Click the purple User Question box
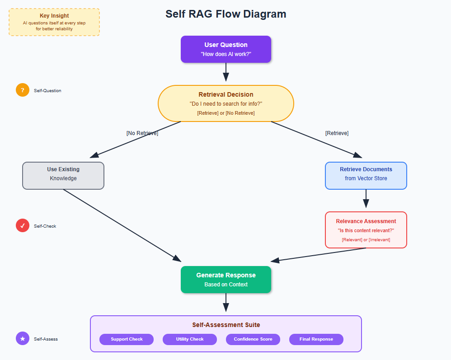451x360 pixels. coord(226,49)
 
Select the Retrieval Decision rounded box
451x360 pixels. coord(226,103)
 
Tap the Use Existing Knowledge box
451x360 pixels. coord(63,176)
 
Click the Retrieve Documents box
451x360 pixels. coord(366,176)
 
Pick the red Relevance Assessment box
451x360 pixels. coord(366,230)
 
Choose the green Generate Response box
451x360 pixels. coord(226,280)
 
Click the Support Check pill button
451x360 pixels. coord(127,339)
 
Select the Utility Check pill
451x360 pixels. coord(190,339)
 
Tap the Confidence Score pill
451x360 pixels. coord(253,339)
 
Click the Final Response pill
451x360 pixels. coord(316,339)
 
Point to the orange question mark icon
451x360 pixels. coord(23,90)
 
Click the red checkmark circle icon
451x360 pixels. coord(23,225)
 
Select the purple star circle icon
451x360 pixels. coord(23,338)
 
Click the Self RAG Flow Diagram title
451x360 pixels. coord(226,14)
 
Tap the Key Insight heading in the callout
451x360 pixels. coord(54,16)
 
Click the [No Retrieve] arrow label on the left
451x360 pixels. coord(142,133)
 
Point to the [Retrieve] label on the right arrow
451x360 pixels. coord(337,133)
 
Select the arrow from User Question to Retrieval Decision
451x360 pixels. coord(226,72)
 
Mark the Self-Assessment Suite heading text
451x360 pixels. coord(226,325)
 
